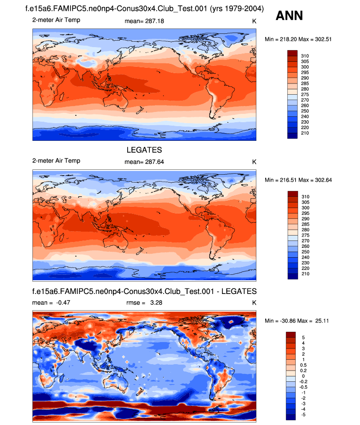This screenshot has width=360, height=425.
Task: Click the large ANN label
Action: (x=289, y=16)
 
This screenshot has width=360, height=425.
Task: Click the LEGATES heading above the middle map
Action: (x=144, y=150)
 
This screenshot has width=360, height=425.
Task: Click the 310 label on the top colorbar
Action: (x=305, y=56)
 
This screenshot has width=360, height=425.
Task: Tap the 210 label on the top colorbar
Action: (x=305, y=133)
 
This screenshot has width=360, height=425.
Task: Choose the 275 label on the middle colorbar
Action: (x=305, y=236)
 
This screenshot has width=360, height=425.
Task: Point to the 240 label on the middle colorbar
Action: (x=305, y=258)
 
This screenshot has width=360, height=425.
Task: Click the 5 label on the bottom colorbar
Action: (x=303, y=338)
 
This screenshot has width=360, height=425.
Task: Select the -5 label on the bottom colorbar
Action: (x=304, y=415)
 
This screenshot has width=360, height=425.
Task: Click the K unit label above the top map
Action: (x=254, y=20)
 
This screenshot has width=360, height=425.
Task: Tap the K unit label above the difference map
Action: (x=254, y=303)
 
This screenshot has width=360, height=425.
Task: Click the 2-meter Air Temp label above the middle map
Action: (x=55, y=161)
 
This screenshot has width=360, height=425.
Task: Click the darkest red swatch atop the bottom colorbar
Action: (x=292, y=335)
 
